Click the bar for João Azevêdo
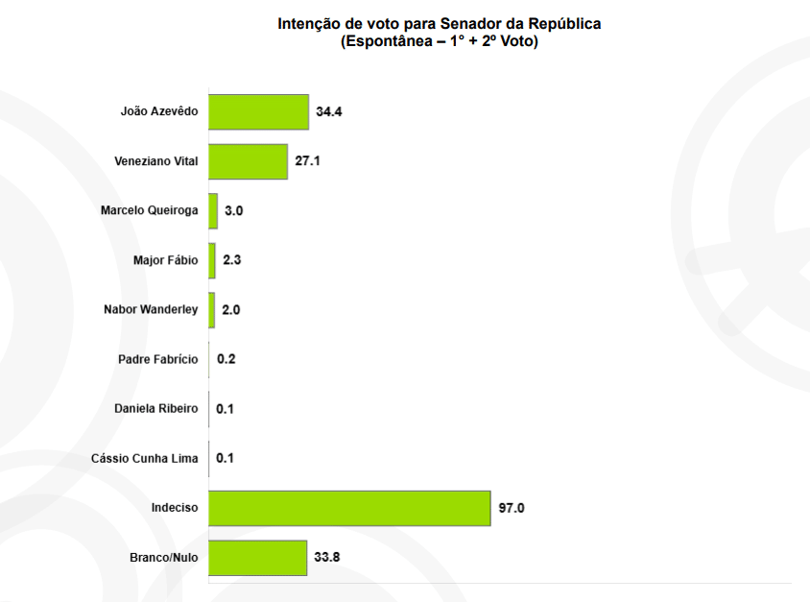coord(258,111)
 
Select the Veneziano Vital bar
coord(248,161)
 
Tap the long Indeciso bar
coord(349,508)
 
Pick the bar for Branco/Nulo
coord(257,558)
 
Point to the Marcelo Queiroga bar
coord(213,211)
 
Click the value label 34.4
coord(329,112)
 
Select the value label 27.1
coord(307,161)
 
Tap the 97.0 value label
coord(511,508)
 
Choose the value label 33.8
coord(327,558)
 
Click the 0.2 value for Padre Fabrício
coord(226,359)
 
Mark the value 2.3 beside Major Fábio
coord(231,260)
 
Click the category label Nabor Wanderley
coord(151,309)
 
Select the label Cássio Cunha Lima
coord(145,458)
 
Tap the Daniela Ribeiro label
coord(155,409)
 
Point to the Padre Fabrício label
coord(157,359)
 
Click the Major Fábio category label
coord(165,260)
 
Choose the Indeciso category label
coord(175,508)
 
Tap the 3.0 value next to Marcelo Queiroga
coord(234,211)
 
